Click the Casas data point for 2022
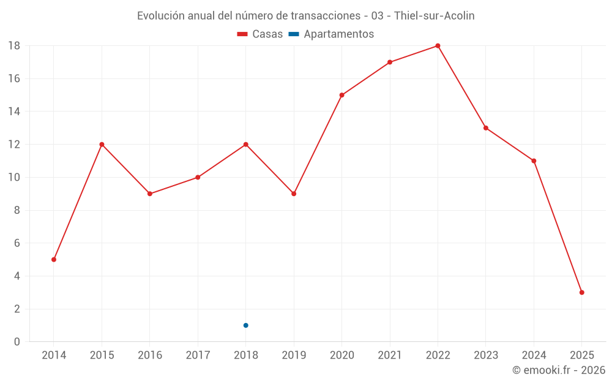438,46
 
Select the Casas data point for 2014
54,259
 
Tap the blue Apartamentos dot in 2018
245,325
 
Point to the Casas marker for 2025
581,292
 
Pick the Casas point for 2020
341,95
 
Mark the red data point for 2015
102,145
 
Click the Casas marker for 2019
294,194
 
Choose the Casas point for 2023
485,128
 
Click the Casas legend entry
260,34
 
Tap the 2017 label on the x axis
198,355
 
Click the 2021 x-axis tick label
390,355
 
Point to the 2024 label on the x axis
534,355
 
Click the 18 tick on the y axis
14,46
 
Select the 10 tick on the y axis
14,178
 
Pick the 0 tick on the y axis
17,342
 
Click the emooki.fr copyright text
558,370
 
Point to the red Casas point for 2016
150,194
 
